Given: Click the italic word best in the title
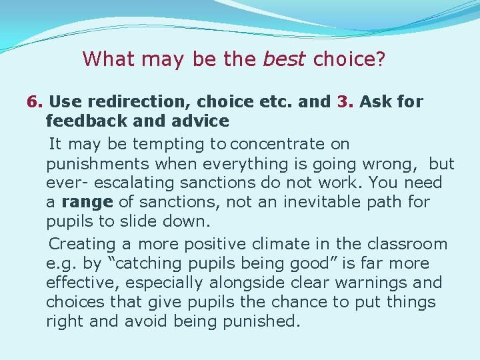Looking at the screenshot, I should [x=285, y=59].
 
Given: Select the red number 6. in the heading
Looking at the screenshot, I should [x=35, y=102].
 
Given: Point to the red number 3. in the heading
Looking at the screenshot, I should [x=345, y=102].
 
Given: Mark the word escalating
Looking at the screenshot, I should [x=133, y=183].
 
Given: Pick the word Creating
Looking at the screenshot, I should [x=81, y=244].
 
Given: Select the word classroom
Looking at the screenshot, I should [x=405, y=244].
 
